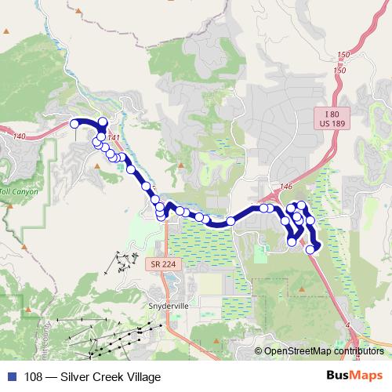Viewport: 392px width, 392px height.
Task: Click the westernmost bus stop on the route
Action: (75, 123)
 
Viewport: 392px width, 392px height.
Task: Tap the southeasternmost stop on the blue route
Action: (310, 249)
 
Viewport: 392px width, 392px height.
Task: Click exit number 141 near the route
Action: (114, 139)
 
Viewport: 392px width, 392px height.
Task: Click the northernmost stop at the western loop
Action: (102, 121)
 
